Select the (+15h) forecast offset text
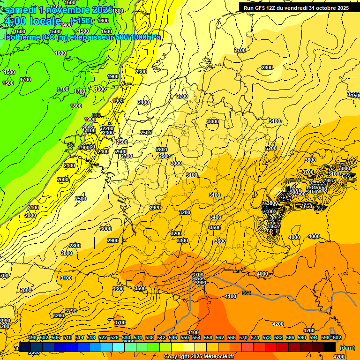click(x=82, y=20)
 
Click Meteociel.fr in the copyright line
click(x=215, y=357)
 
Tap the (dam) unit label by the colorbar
click(x=346, y=348)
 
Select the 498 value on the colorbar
click(x=32, y=337)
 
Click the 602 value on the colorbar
click(x=336, y=337)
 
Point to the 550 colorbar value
click(x=185, y=337)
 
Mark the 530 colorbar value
click(x=126, y=337)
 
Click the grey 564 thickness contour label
click(x=247, y=293)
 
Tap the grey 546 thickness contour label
click(x=96, y=115)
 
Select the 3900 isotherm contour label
click(x=200, y=283)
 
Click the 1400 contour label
click(x=67, y=25)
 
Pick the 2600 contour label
click(x=121, y=151)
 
